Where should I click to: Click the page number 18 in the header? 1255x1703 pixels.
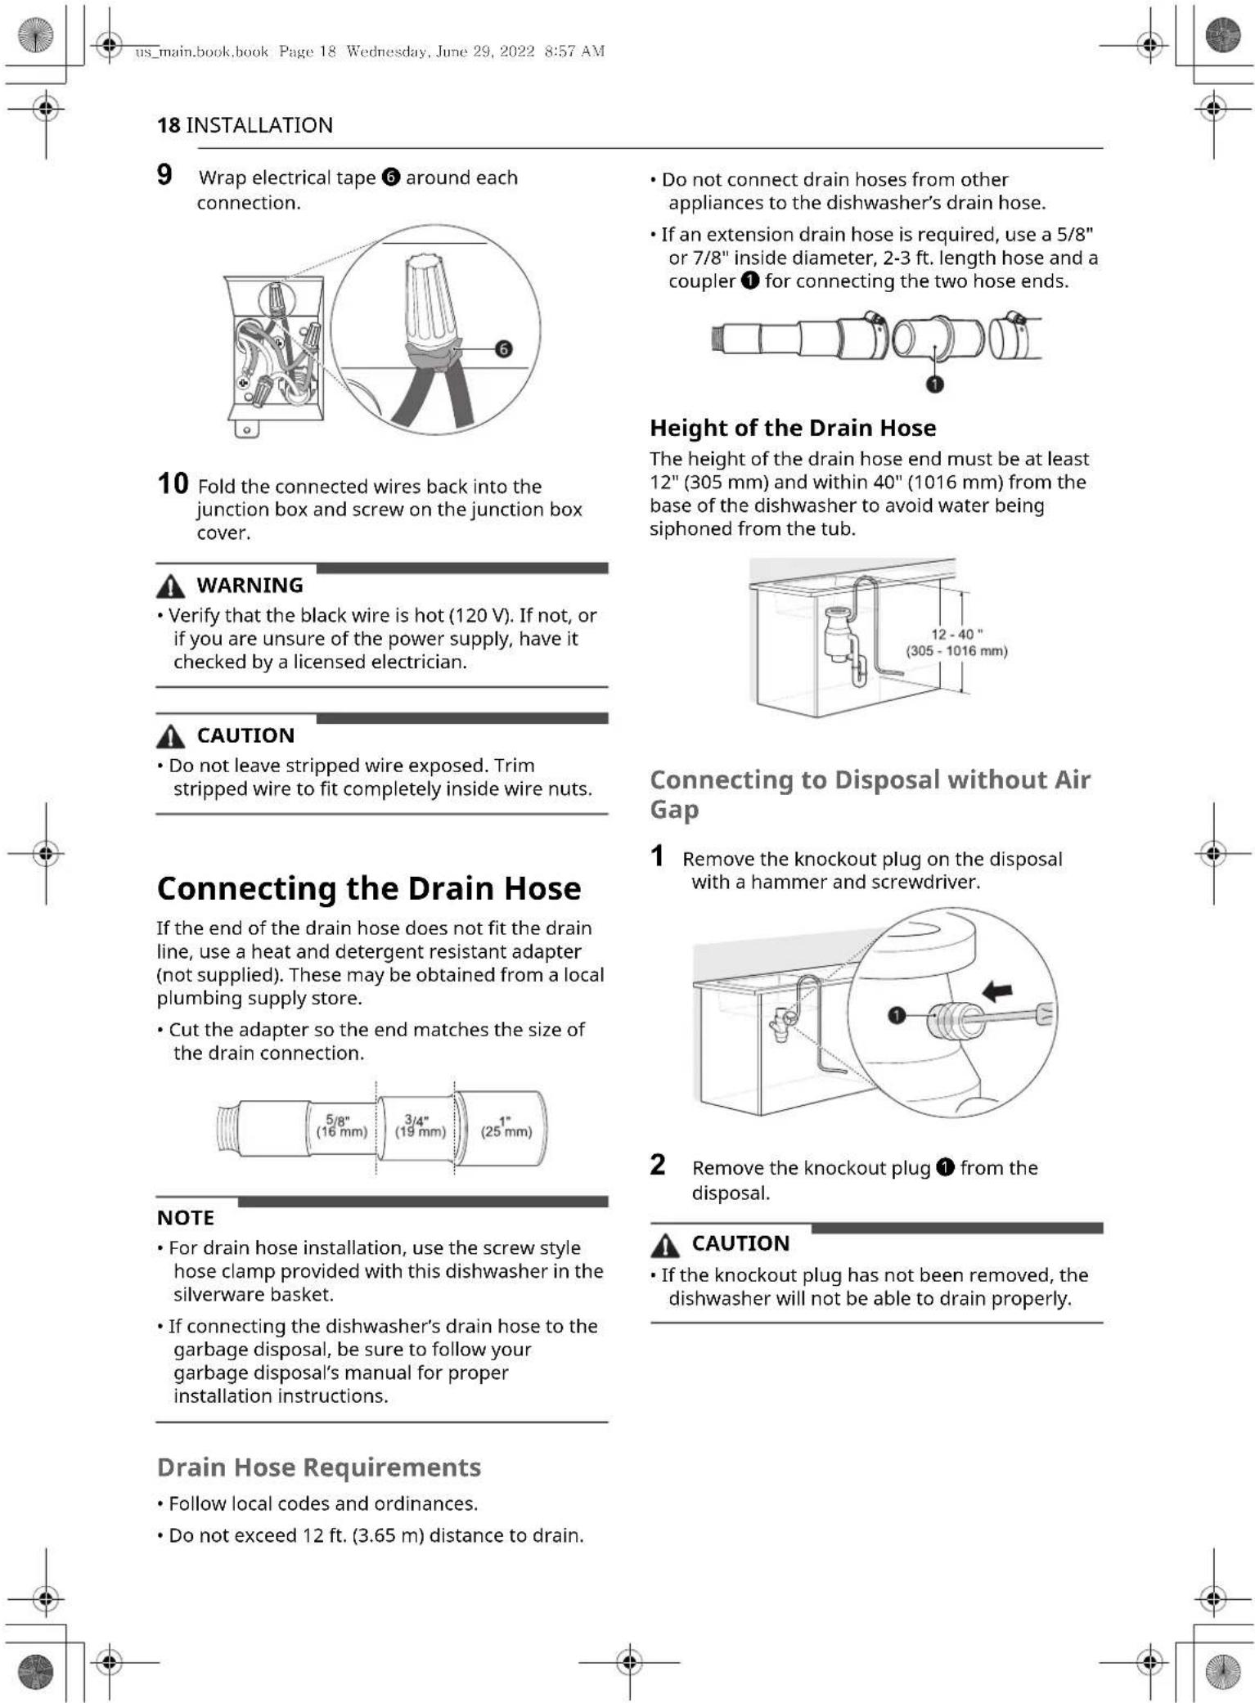(169, 125)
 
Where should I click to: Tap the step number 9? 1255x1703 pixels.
(164, 175)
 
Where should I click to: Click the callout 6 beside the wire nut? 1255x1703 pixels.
(504, 349)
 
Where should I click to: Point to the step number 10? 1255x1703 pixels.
(173, 483)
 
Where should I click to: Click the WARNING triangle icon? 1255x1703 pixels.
(170, 586)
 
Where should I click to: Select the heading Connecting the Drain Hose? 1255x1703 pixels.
(369, 888)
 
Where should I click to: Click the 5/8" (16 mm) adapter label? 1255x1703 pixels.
(341, 1126)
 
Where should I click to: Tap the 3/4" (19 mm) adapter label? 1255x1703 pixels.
(421, 1126)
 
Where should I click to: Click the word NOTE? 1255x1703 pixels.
(186, 1218)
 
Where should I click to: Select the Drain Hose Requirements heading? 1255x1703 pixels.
(318, 1467)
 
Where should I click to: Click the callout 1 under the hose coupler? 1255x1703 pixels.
(934, 384)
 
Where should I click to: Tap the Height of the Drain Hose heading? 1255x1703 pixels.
(792, 428)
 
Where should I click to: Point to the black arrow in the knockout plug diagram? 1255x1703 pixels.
(996, 992)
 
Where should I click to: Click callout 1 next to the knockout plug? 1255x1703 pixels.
(897, 1015)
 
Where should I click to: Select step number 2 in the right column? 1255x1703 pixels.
(658, 1165)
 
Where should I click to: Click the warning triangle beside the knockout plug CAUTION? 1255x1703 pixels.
(665, 1244)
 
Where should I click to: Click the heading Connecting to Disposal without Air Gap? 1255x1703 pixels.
(869, 793)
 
